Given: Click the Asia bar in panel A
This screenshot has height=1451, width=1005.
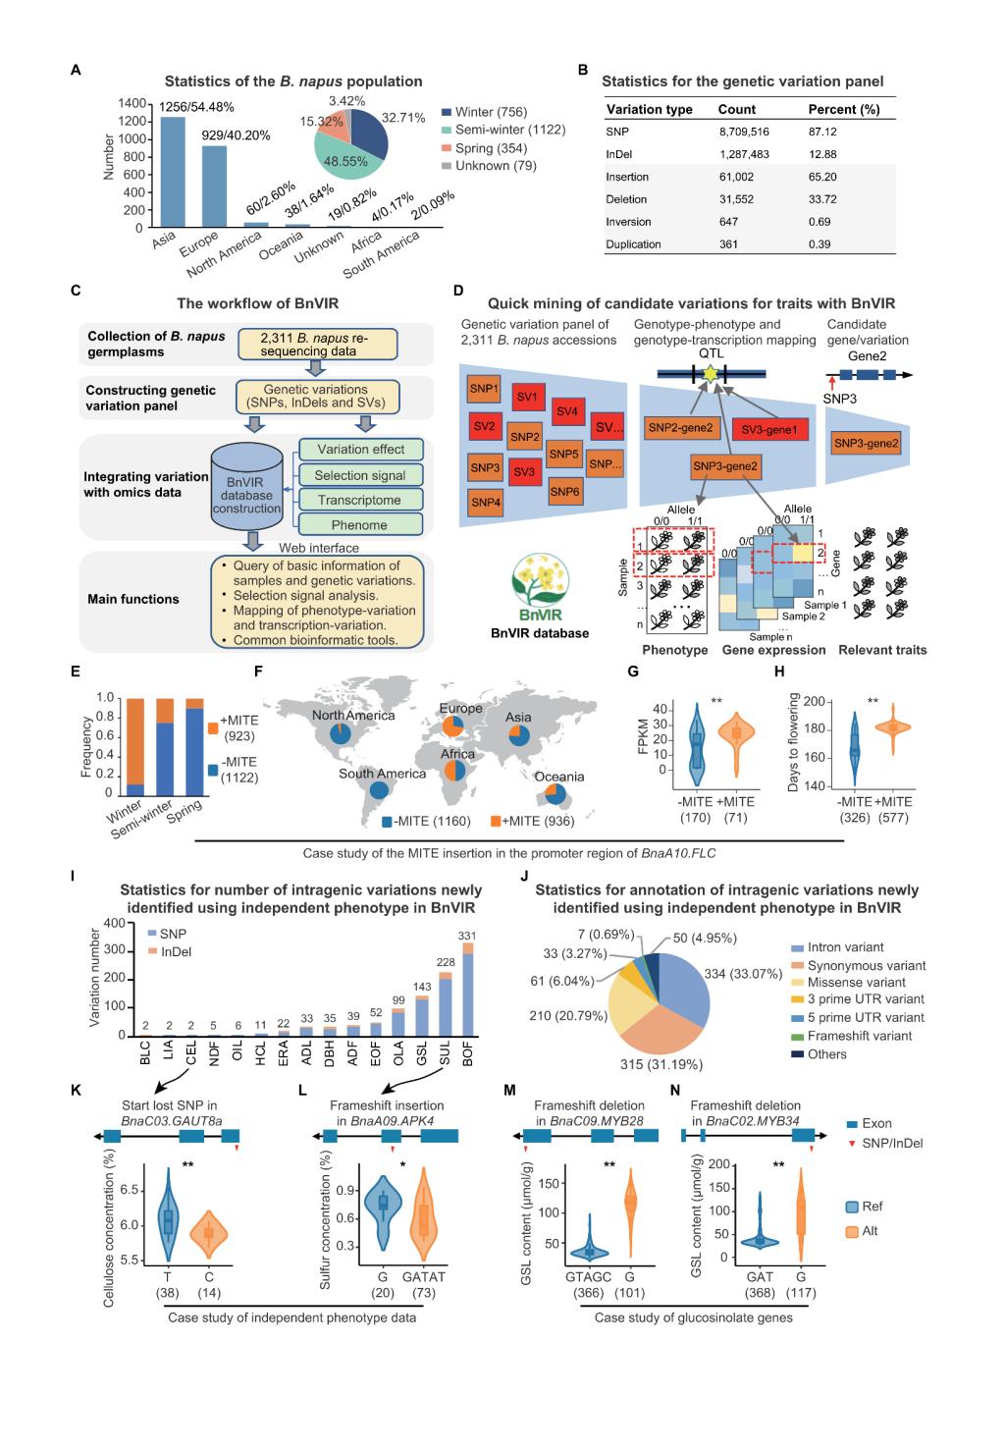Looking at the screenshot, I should tap(173, 173).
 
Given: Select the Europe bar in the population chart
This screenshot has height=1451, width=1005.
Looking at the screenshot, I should tap(215, 187).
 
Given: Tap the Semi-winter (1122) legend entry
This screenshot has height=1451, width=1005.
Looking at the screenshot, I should tap(509, 131).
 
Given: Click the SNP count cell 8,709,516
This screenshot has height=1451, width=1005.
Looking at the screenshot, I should tap(744, 132).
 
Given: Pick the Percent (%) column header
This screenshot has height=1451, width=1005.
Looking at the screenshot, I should tap(843, 110).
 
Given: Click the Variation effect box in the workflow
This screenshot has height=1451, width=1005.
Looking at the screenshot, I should tap(360, 450).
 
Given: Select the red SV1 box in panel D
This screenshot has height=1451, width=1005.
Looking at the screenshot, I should tap(527, 398).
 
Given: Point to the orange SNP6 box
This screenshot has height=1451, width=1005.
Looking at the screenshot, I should tap(564, 491).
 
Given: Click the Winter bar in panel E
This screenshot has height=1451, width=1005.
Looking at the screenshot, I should tap(135, 746).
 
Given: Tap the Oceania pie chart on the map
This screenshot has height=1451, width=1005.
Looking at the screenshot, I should tap(553, 795).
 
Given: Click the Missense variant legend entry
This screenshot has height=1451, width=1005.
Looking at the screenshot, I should tap(857, 983).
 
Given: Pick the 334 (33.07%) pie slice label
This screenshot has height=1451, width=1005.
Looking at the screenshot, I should tap(743, 975).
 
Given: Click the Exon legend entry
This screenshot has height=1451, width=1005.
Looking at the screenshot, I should tap(876, 1123).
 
